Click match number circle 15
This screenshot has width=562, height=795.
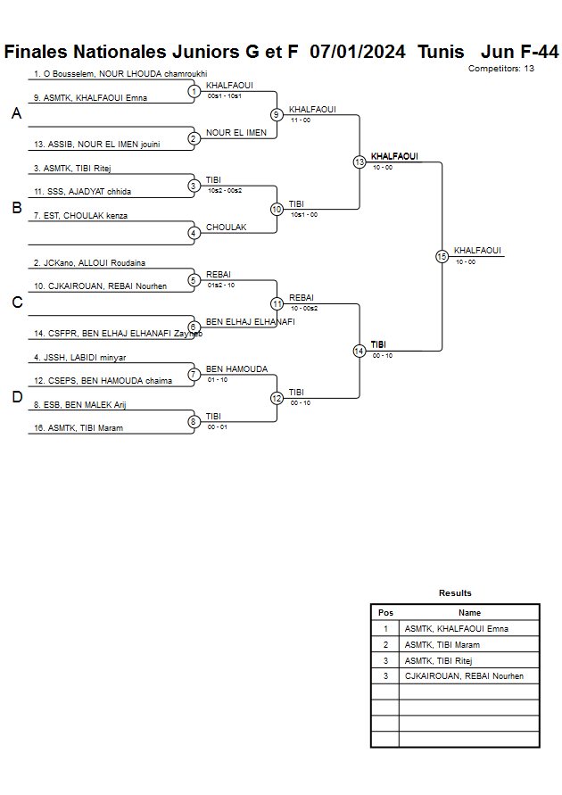click(442, 256)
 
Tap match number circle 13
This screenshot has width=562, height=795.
click(360, 162)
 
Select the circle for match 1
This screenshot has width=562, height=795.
click(194, 91)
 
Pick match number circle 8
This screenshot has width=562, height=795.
click(194, 422)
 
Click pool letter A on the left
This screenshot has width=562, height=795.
click(16, 114)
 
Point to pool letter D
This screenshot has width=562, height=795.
click(16, 398)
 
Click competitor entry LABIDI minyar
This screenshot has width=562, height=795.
click(79, 358)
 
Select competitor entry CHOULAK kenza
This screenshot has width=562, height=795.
click(80, 216)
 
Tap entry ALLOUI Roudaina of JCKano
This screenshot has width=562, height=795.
click(89, 263)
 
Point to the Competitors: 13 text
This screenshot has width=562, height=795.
click(501, 68)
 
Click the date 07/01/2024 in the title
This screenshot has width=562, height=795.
click(357, 52)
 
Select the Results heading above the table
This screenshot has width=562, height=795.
click(455, 593)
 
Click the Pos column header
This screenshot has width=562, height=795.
click(385, 613)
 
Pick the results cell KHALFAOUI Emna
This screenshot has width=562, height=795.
click(456, 629)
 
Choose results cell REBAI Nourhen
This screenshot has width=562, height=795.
click(464, 676)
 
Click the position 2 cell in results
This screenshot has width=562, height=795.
click(385, 645)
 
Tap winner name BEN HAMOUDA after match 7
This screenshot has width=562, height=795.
click(236, 369)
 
